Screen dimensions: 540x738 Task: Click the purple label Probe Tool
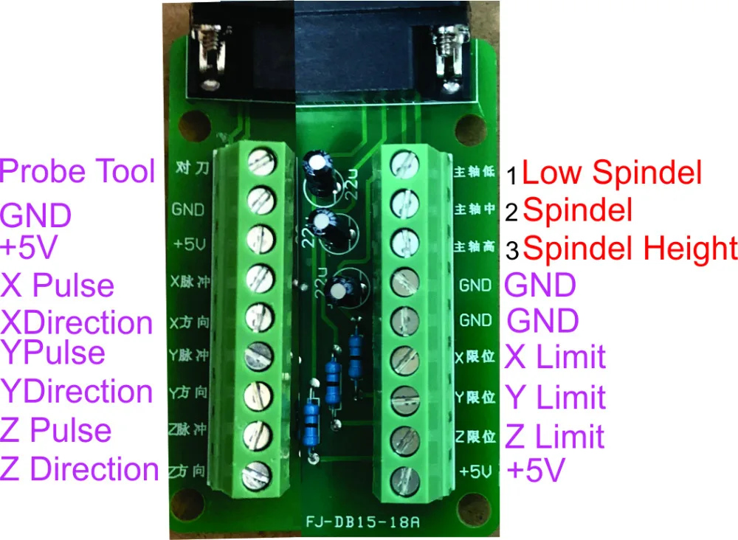tap(78, 171)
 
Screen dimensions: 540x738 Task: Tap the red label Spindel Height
tap(630, 249)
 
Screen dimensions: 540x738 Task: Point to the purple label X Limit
tap(555, 357)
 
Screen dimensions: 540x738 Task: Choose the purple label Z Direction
tap(80, 470)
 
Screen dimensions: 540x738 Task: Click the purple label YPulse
tap(53, 352)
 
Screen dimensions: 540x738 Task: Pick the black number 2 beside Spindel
tap(512, 212)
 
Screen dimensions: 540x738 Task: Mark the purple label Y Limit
tap(555, 397)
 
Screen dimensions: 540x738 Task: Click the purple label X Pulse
tap(58, 285)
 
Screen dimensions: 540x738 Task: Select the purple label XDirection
tap(76, 322)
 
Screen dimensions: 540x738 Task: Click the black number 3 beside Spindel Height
tap(512, 251)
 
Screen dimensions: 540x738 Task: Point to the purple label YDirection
tap(76, 391)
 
